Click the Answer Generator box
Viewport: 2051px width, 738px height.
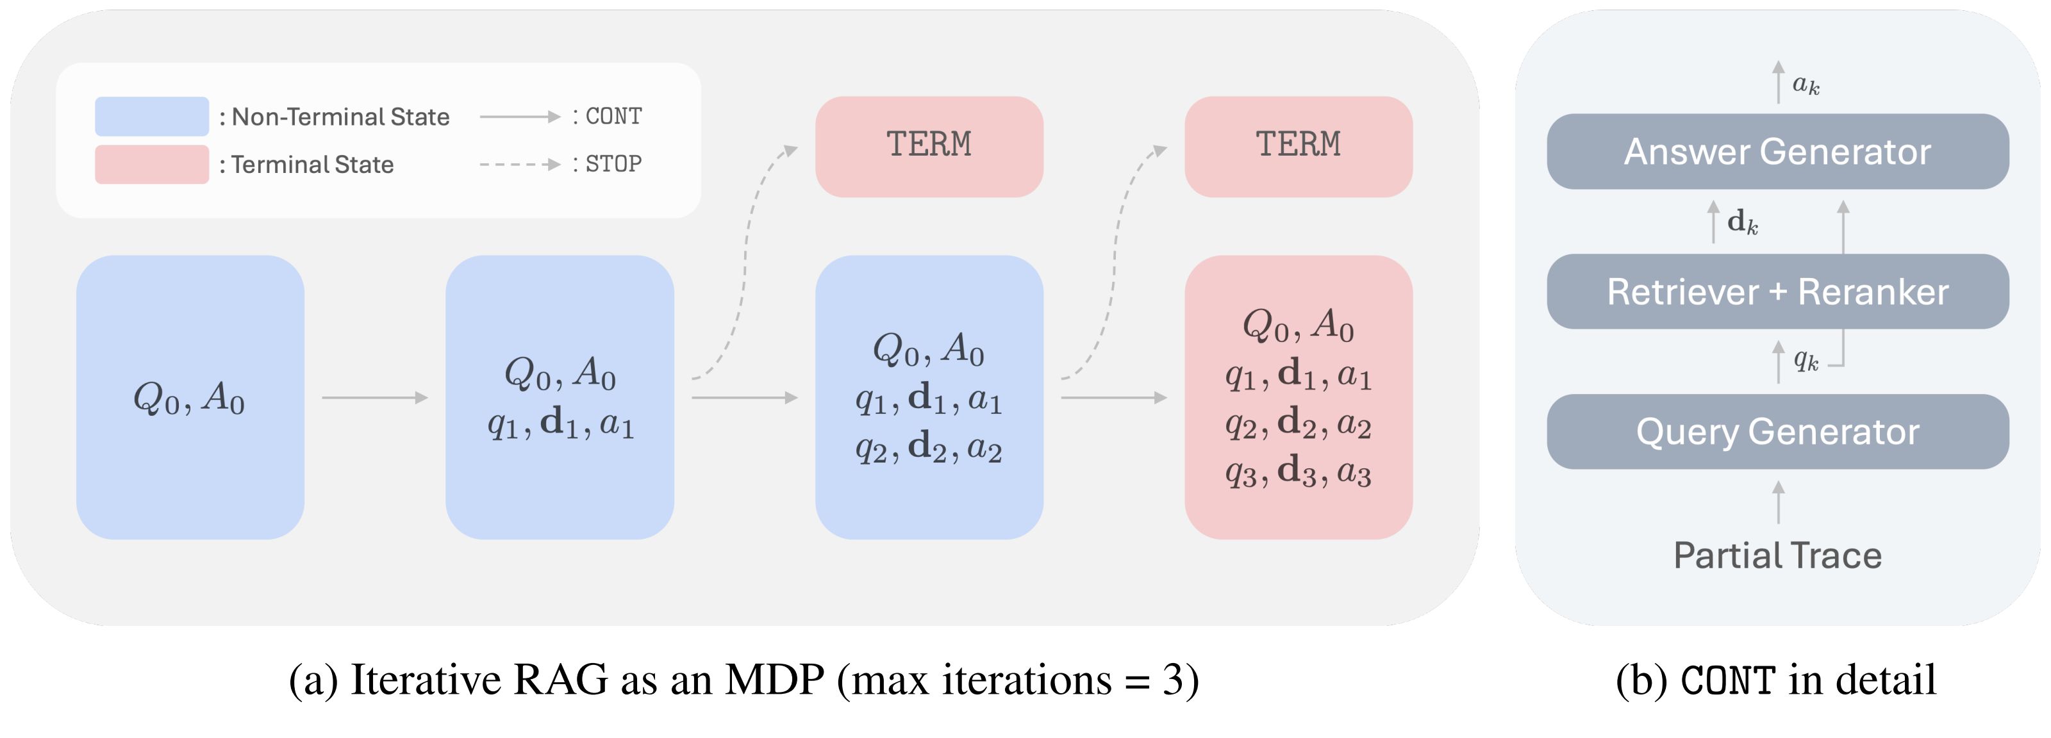1777,151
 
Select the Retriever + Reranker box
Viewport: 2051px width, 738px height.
1777,291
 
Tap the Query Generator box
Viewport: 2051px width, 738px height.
1777,432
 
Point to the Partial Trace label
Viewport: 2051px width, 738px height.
1777,555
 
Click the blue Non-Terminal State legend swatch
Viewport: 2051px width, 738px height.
151,116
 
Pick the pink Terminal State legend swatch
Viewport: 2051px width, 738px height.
151,164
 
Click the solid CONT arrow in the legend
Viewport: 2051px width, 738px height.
519,116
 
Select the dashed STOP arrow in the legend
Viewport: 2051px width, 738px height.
519,164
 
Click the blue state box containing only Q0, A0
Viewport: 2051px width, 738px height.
190,397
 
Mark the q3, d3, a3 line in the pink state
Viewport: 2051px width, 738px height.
1298,471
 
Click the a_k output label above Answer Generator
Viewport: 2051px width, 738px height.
1806,83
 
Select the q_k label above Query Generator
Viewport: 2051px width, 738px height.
1806,361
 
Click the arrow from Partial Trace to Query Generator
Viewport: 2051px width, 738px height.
1778,502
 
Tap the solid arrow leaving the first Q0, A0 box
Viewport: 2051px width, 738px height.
374,397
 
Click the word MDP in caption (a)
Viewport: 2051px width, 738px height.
774,680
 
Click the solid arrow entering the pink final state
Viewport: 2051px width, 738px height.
1113,397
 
